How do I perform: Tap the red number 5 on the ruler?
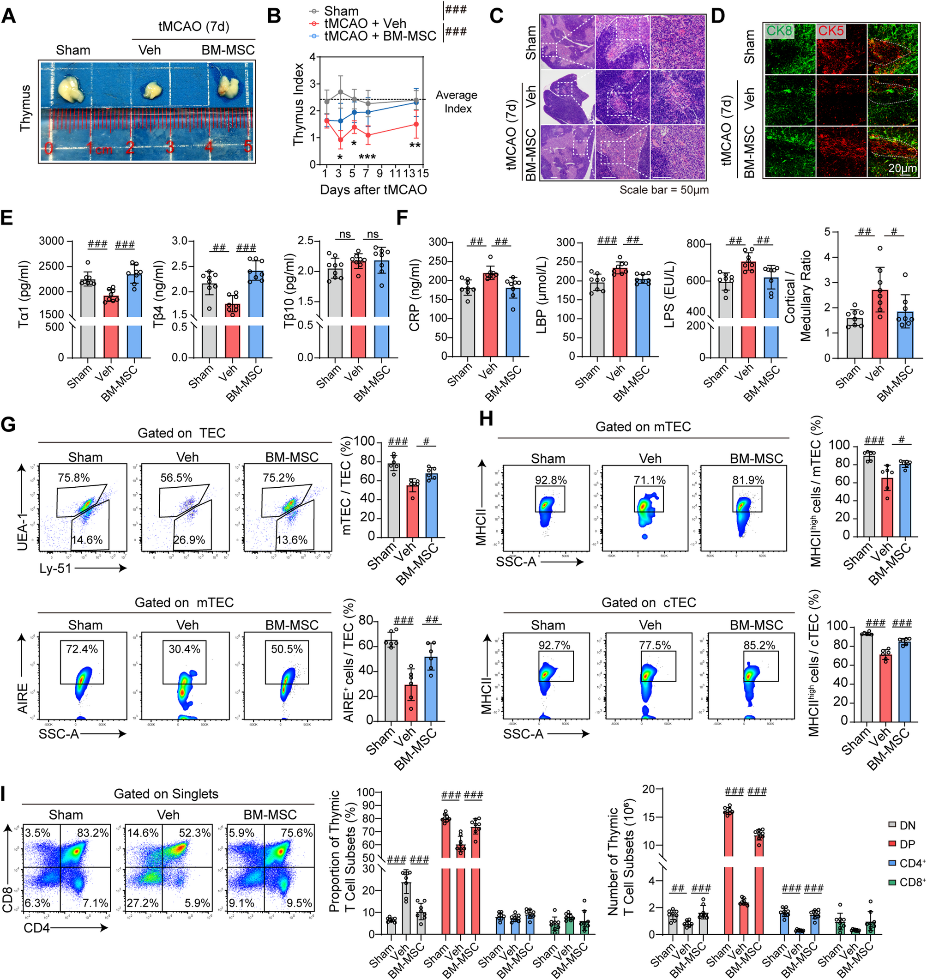pos(247,146)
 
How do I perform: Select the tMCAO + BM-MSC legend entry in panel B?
pos(380,36)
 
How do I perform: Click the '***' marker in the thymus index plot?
pos(367,157)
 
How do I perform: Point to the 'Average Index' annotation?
pos(457,102)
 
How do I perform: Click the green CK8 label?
pos(779,31)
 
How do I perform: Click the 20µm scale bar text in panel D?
pos(902,168)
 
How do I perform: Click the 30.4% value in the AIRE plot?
pos(184,649)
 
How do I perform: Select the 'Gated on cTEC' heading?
pos(648,602)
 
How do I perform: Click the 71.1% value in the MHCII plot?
pos(649,480)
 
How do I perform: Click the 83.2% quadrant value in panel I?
pos(92,833)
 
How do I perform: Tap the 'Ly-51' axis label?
pos(55,569)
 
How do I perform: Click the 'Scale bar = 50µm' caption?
pos(663,190)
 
